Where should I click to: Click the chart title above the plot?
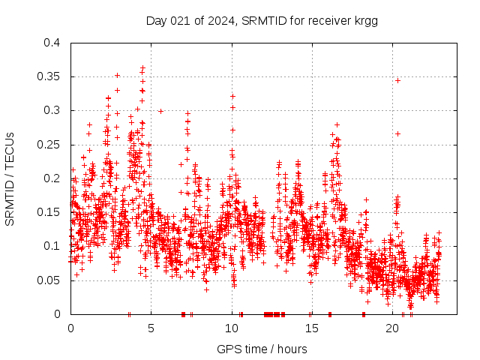pyautogui.click(x=262, y=21)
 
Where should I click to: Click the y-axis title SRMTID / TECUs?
pyautogui.click(x=10, y=178)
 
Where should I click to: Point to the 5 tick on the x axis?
pyautogui.click(x=151, y=328)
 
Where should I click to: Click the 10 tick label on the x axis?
pyautogui.click(x=232, y=328)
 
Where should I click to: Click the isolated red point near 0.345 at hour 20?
pyautogui.click(x=398, y=80)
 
